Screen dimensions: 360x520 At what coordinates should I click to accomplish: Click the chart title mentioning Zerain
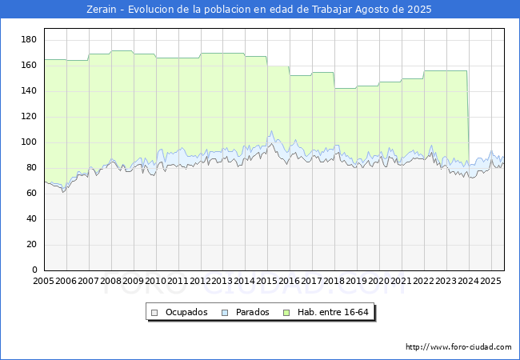pyautogui.click(x=259, y=10)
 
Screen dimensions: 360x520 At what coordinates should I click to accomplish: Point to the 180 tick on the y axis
pyautogui.click(x=30, y=40)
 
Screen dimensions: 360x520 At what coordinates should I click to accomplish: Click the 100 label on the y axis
pyautogui.click(x=30, y=142)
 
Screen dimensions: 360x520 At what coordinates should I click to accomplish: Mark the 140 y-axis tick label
pyautogui.click(x=30, y=91)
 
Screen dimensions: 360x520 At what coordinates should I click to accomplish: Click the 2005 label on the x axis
pyautogui.click(x=44, y=282)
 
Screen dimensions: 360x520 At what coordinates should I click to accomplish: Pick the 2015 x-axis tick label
pyautogui.click(x=267, y=282)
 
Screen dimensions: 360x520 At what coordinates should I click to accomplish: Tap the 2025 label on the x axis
pyautogui.click(x=490, y=282)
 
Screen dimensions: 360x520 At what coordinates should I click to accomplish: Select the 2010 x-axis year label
pyautogui.click(x=156, y=282)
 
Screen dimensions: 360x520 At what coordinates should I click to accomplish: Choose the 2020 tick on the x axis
pyautogui.click(x=379, y=282)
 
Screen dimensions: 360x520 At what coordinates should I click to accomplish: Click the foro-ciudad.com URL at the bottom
pyautogui.click(x=458, y=347)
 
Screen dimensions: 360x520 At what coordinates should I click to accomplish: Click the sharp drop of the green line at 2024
pyautogui.click(x=468, y=120)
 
